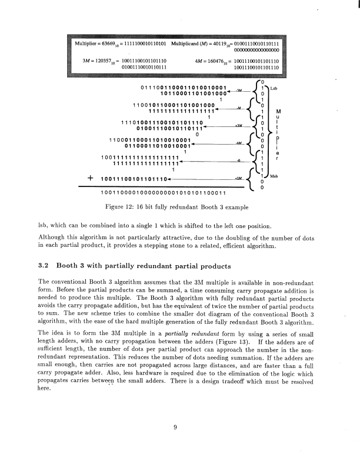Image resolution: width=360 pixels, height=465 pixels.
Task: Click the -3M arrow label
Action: pos(238,92)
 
